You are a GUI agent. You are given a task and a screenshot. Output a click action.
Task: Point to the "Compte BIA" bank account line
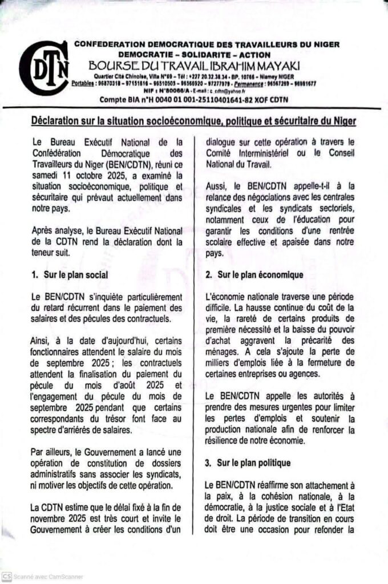194,99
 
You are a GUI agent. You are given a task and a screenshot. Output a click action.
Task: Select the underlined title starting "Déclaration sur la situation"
192,121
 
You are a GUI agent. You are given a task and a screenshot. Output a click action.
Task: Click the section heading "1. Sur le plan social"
70,275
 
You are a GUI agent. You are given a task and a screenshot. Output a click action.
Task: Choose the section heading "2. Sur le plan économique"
254,275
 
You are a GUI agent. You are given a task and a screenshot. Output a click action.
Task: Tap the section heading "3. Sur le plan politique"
248,463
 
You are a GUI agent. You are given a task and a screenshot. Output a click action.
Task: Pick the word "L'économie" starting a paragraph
225,297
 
